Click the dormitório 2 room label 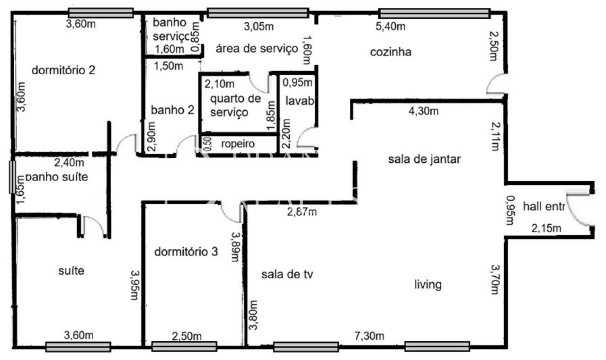[63, 70]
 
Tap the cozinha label [391, 52]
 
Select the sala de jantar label [424, 159]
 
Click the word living [428, 285]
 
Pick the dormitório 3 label [186, 252]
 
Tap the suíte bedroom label [71, 271]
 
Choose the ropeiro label [240, 143]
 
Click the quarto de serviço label [235, 105]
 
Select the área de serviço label [257, 48]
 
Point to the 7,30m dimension [369, 336]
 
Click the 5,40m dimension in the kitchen [391, 26]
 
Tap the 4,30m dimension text [423, 112]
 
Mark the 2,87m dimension [302, 211]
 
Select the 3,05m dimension [258, 26]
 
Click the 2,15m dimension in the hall [546, 229]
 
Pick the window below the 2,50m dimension [184, 347]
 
